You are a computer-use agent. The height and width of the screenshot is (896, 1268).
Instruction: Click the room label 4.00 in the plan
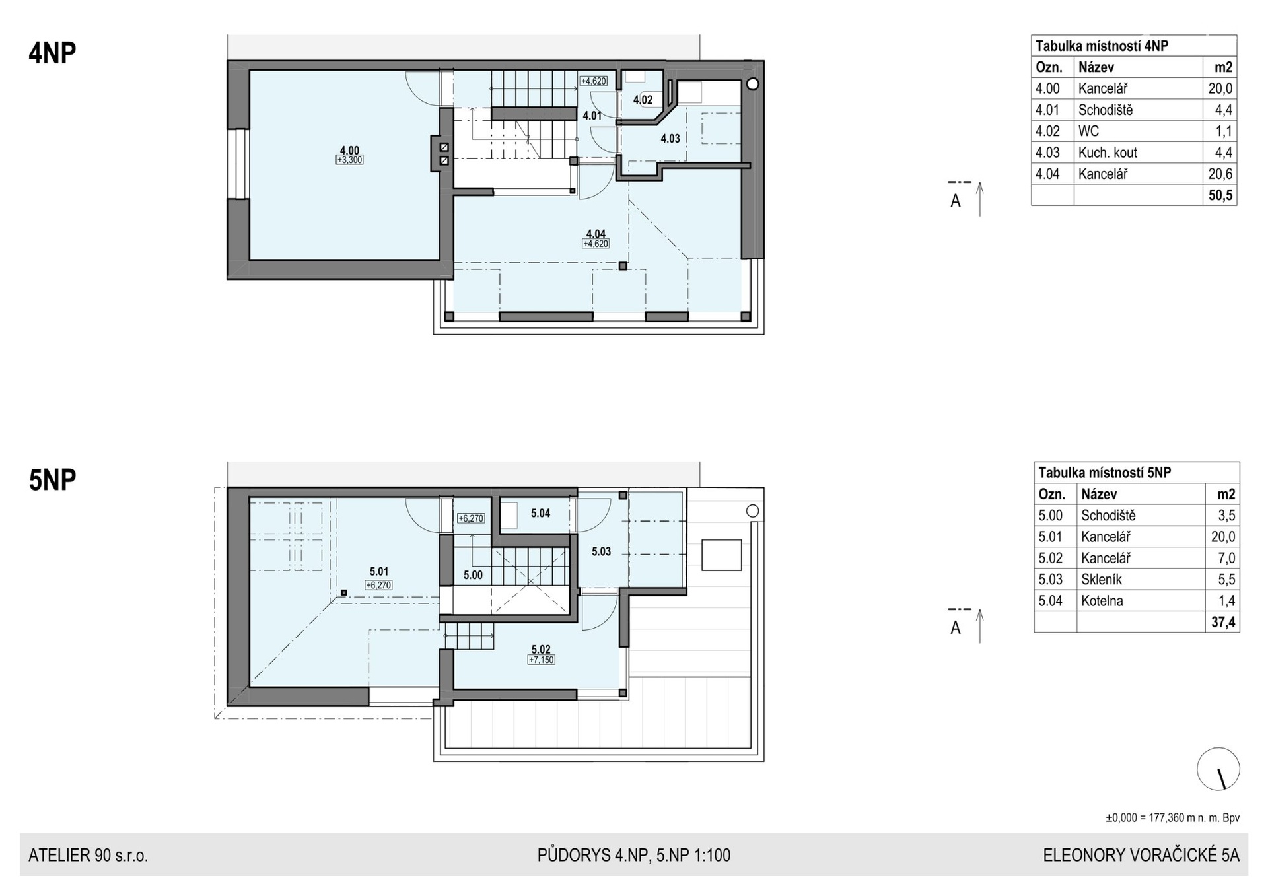click(x=349, y=150)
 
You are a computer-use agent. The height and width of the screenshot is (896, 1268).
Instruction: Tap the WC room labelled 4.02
click(x=643, y=100)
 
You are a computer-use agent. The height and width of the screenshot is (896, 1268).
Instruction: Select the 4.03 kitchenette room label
click(x=670, y=139)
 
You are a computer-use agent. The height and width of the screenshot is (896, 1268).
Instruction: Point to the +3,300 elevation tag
click(x=349, y=160)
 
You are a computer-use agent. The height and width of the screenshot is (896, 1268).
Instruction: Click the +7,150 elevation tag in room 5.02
click(x=541, y=660)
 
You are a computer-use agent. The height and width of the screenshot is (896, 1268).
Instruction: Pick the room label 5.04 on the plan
click(x=540, y=513)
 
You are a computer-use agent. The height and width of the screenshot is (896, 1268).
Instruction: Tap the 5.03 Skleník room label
click(x=601, y=551)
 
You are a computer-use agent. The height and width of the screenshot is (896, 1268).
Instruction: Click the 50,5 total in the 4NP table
click(x=1220, y=195)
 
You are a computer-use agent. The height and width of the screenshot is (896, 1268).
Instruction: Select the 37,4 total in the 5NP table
click(x=1223, y=623)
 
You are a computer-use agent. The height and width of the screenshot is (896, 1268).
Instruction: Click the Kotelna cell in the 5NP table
click(x=1102, y=601)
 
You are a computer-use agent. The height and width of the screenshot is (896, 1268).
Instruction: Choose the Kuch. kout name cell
click(x=1108, y=153)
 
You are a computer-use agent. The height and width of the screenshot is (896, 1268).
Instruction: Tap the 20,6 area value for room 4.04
click(x=1220, y=174)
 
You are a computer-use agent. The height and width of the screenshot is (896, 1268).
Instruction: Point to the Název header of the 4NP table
click(x=1096, y=67)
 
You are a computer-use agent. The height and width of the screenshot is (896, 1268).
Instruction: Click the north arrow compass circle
click(x=1218, y=769)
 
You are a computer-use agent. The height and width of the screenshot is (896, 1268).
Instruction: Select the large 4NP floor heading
click(x=52, y=53)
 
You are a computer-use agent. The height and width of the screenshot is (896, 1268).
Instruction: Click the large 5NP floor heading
click(x=52, y=480)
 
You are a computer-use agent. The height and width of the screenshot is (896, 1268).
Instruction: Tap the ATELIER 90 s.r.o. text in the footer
click(x=88, y=856)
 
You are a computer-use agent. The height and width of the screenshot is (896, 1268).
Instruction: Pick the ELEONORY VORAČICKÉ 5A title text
click(x=1141, y=856)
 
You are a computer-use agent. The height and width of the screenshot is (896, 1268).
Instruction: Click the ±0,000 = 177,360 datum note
click(x=1173, y=818)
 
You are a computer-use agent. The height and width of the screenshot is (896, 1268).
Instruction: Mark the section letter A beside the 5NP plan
click(x=955, y=628)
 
